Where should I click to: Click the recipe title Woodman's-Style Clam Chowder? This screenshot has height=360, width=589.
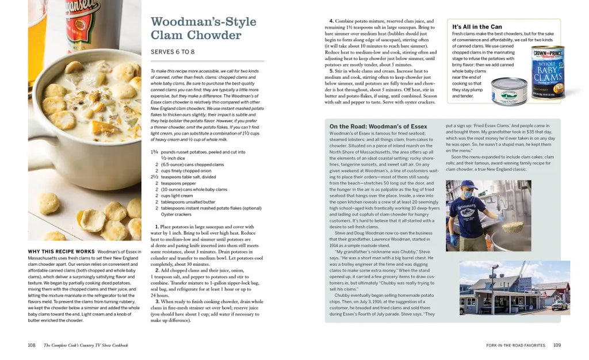(x=203, y=28)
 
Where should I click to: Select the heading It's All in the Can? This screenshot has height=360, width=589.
(x=477, y=26)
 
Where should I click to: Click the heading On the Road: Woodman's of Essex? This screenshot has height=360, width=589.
(x=378, y=127)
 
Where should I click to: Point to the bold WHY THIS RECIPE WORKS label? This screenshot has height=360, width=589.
(x=61, y=251)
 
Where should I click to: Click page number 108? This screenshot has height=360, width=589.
(x=32, y=345)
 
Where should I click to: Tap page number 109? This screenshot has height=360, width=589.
(x=557, y=345)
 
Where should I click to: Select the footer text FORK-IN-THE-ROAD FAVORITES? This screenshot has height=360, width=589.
(x=515, y=345)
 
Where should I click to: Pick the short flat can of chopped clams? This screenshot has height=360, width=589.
(x=509, y=91)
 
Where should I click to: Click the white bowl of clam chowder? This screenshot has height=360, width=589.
(x=86, y=121)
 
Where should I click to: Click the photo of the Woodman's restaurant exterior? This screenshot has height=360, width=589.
(x=514, y=288)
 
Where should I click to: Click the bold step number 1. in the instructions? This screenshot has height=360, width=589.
(x=157, y=227)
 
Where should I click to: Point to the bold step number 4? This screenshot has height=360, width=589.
(x=331, y=21)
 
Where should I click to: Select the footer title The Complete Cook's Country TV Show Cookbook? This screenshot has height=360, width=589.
(x=86, y=345)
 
